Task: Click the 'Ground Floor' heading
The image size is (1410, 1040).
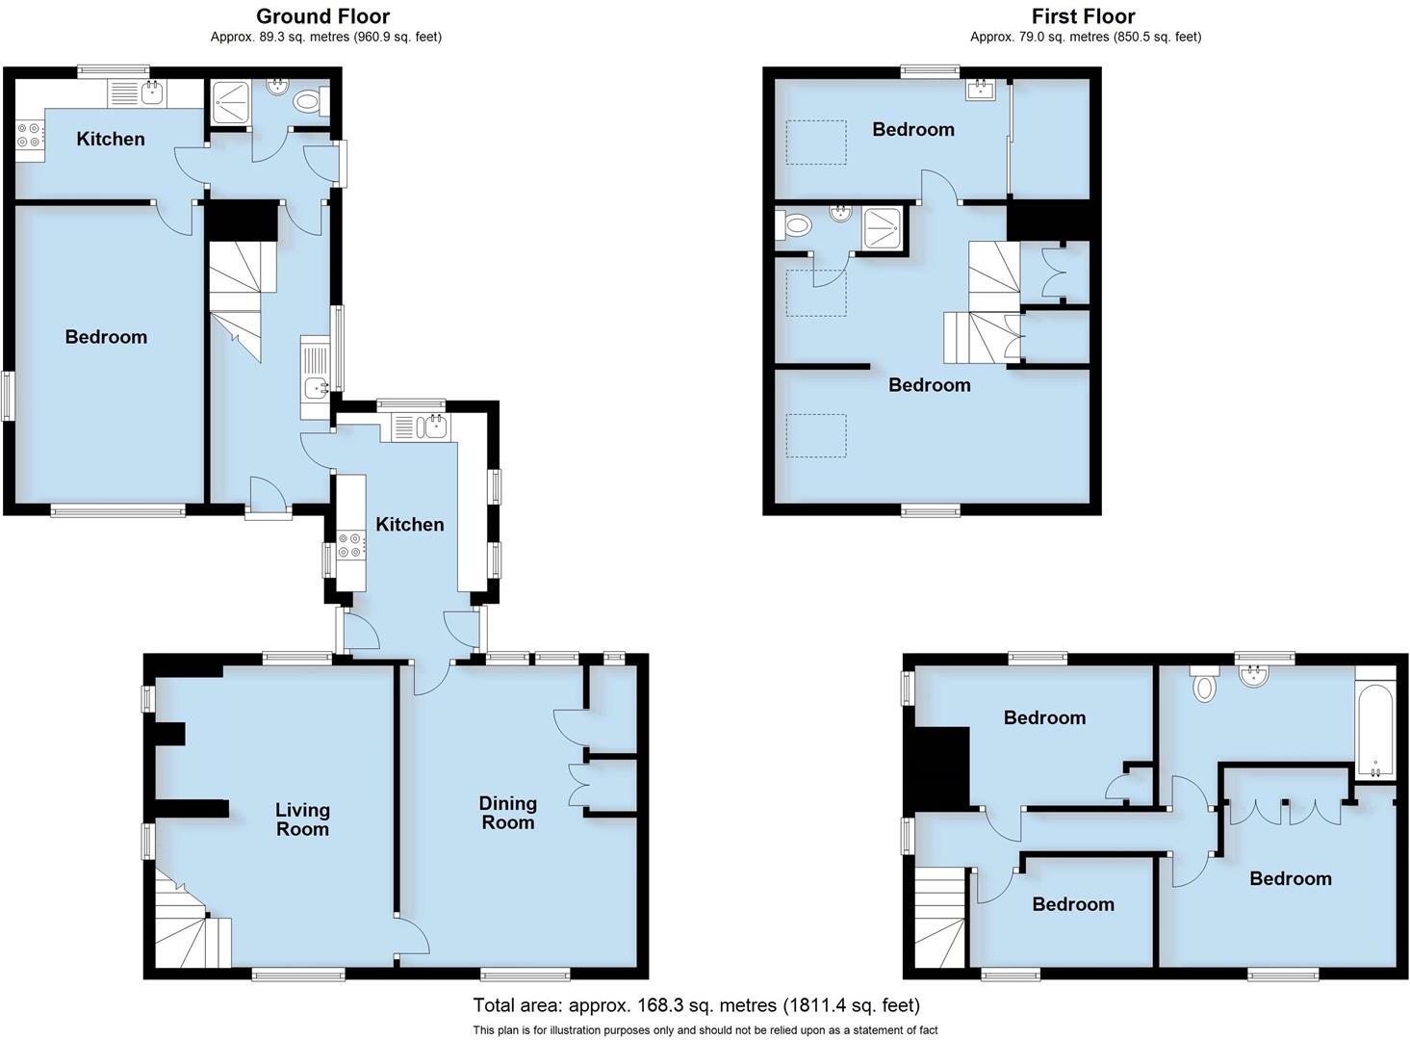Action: [322, 16]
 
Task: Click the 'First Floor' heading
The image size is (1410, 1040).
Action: [1083, 16]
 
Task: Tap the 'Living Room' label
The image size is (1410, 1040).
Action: [302, 819]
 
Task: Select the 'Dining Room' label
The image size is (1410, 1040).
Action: [507, 812]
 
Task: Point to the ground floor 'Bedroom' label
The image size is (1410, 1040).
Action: [106, 336]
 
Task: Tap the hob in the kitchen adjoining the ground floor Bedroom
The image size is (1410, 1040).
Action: [30, 135]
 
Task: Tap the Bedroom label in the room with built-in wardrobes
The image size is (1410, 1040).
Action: [1290, 878]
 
